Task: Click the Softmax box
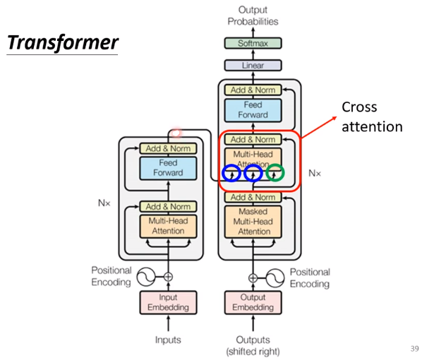tap(253, 43)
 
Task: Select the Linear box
tap(253, 66)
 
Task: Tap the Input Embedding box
tap(168, 302)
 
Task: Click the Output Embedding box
tap(253, 302)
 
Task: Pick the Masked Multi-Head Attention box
tap(253, 222)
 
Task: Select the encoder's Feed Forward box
tap(168, 168)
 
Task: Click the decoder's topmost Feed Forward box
tap(253, 110)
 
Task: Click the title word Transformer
tap(63, 42)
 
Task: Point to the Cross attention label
tap(372, 117)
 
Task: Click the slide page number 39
tap(414, 349)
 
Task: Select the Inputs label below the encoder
tap(168, 340)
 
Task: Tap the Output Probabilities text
tap(253, 16)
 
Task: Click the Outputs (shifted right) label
tap(253, 346)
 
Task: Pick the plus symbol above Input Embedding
tap(168, 277)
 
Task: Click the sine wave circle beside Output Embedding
tap(275, 277)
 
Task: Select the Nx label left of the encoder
tap(104, 203)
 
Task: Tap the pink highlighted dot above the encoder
tap(176, 133)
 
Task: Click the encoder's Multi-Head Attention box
tap(168, 226)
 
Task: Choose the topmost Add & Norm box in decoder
tap(253, 90)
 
